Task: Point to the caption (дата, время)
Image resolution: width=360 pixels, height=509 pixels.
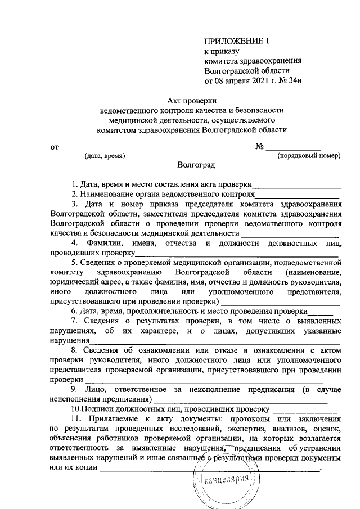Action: coord(105,155)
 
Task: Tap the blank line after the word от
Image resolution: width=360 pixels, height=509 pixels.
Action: coord(105,147)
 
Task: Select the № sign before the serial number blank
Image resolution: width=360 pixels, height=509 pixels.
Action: coord(260,147)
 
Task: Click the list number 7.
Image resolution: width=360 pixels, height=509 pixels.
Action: coord(73,321)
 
